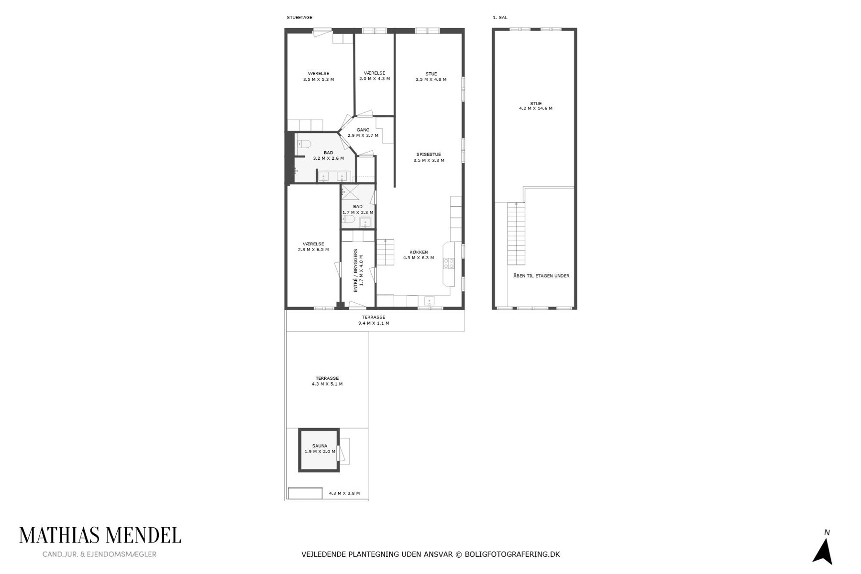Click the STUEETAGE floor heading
click(299, 18)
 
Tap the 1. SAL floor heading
click(500, 18)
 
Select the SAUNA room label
click(320, 446)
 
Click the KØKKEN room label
click(419, 252)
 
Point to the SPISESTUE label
click(429, 155)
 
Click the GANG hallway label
click(363, 130)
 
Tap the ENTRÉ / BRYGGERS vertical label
click(355, 271)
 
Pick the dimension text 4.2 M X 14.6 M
click(536, 109)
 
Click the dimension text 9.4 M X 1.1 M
click(374, 323)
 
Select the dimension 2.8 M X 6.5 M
click(313, 250)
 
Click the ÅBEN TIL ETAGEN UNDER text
click(541, 276)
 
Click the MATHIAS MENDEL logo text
click(100, 535)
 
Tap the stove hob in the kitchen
click(449, 263)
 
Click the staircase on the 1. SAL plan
click(516, 233)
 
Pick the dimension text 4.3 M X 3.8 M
click(344, 493)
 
